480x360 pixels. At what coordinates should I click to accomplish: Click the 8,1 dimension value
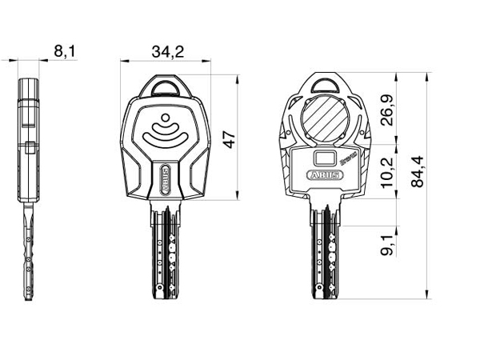coord(65,52)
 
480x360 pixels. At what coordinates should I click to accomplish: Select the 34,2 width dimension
coord(167,52)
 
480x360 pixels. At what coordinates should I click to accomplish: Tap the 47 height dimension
coord(230,138)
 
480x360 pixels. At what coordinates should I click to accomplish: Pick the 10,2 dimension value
coord(387,170)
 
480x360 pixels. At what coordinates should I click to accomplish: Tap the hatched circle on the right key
coord(326,118)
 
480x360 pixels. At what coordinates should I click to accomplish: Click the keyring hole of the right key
coord(326,85)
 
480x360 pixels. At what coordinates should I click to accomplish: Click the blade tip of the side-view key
coord(29,299)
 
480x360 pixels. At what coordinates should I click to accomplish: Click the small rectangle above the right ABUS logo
coord(326,157)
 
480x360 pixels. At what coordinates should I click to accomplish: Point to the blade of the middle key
coord(166,252)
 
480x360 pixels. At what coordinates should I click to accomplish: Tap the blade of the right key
coord(326,252)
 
